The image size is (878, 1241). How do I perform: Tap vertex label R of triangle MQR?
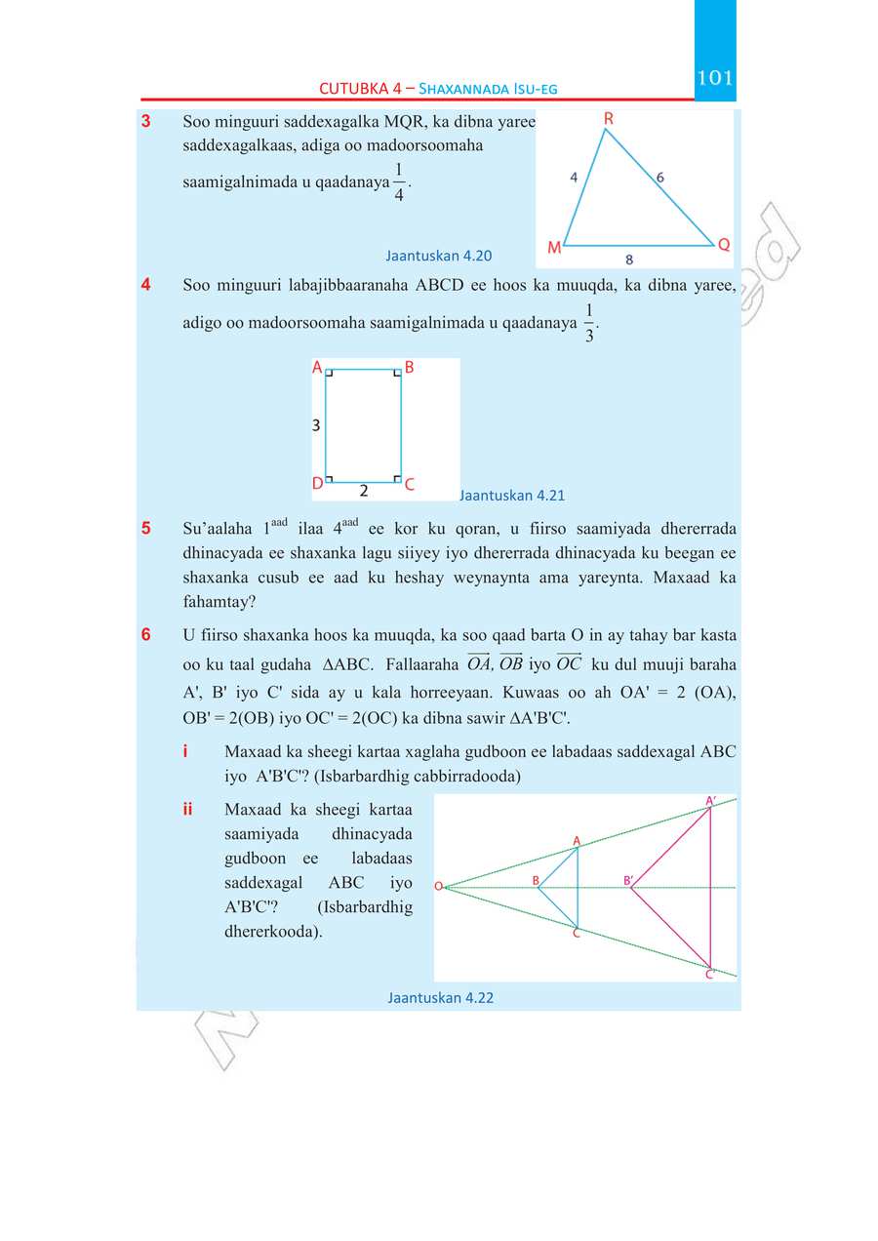(x=608, y=119)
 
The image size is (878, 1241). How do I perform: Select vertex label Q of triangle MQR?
(x=724, y=244)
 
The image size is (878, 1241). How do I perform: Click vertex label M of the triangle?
(x=553, y=248)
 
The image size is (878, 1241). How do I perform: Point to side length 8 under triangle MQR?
(x=629, y=260)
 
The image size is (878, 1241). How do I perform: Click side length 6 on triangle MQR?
(x=660, y=178)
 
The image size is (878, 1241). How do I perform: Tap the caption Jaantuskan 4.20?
(x=438, y=257)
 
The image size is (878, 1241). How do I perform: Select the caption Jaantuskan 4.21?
(x=512, y=495)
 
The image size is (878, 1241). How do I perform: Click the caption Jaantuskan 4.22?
(x=440, y=997)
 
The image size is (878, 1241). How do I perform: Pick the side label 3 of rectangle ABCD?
(x=316, y=425)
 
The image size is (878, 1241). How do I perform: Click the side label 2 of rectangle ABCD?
(x=364, y=490)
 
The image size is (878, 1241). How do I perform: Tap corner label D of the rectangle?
(x=317, y=484)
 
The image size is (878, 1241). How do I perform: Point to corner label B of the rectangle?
(x=409, y=368)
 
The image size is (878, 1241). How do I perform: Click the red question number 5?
(x=146, y=529)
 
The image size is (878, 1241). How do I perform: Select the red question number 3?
(x=145, y=122)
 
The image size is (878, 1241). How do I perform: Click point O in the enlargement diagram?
(x=438, y=886)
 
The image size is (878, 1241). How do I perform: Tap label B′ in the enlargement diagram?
(x=628, y=880)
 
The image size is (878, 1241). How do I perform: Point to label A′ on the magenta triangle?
(x=711, y=801)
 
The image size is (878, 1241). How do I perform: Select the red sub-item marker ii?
(x=186, y=810)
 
